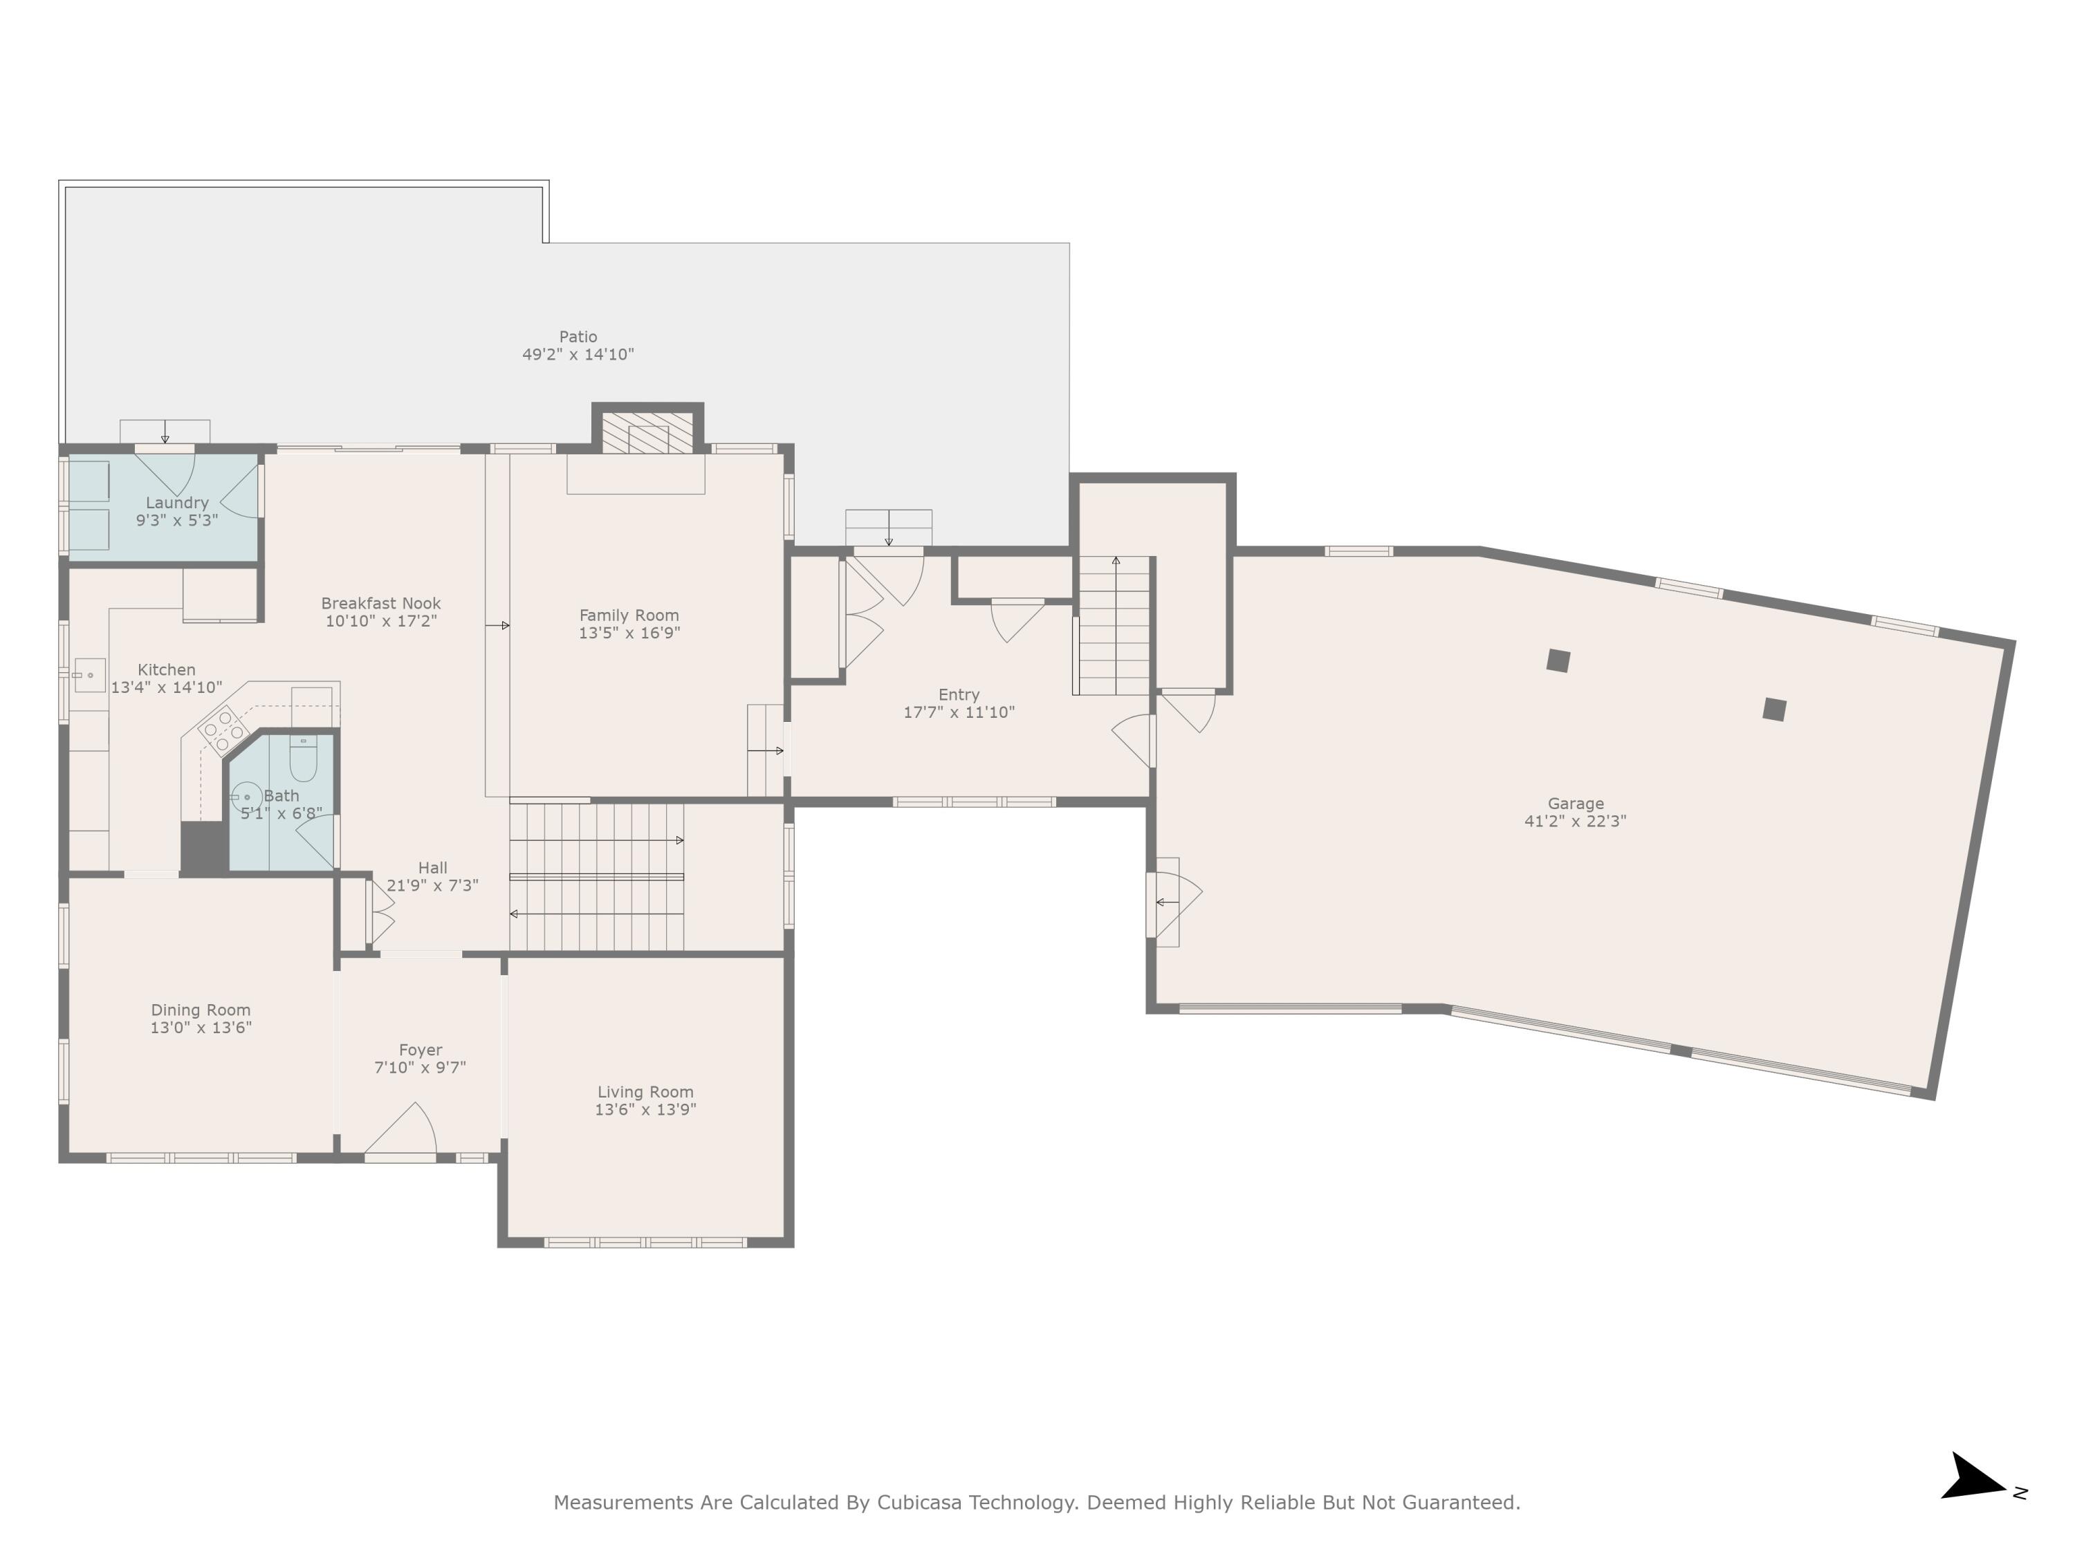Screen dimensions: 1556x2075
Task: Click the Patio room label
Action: pyautogui.click(x=578, y=337)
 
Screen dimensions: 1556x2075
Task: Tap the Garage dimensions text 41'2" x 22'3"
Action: pyautogui.click(x=1575, y=822)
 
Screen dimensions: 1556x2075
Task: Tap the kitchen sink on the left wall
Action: pyautogui.click(x=90, y=675)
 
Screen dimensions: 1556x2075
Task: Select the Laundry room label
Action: pyautogui.click(x=176, y=503)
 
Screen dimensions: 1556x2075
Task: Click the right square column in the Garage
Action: pyautogui.click(x=1774, y=709)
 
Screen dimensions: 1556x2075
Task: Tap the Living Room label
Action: pyautogui.click(x=645, y=1092)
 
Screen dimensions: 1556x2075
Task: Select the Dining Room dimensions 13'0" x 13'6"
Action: pyautogui.click(x=201, y=1028)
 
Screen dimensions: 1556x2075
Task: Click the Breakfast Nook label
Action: pyautogui.click(x=381, y=603)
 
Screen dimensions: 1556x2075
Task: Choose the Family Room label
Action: pyautogui.click(x=629, y=615)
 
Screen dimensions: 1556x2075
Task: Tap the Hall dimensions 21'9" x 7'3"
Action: pyautogui.click(x=432, y=885)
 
